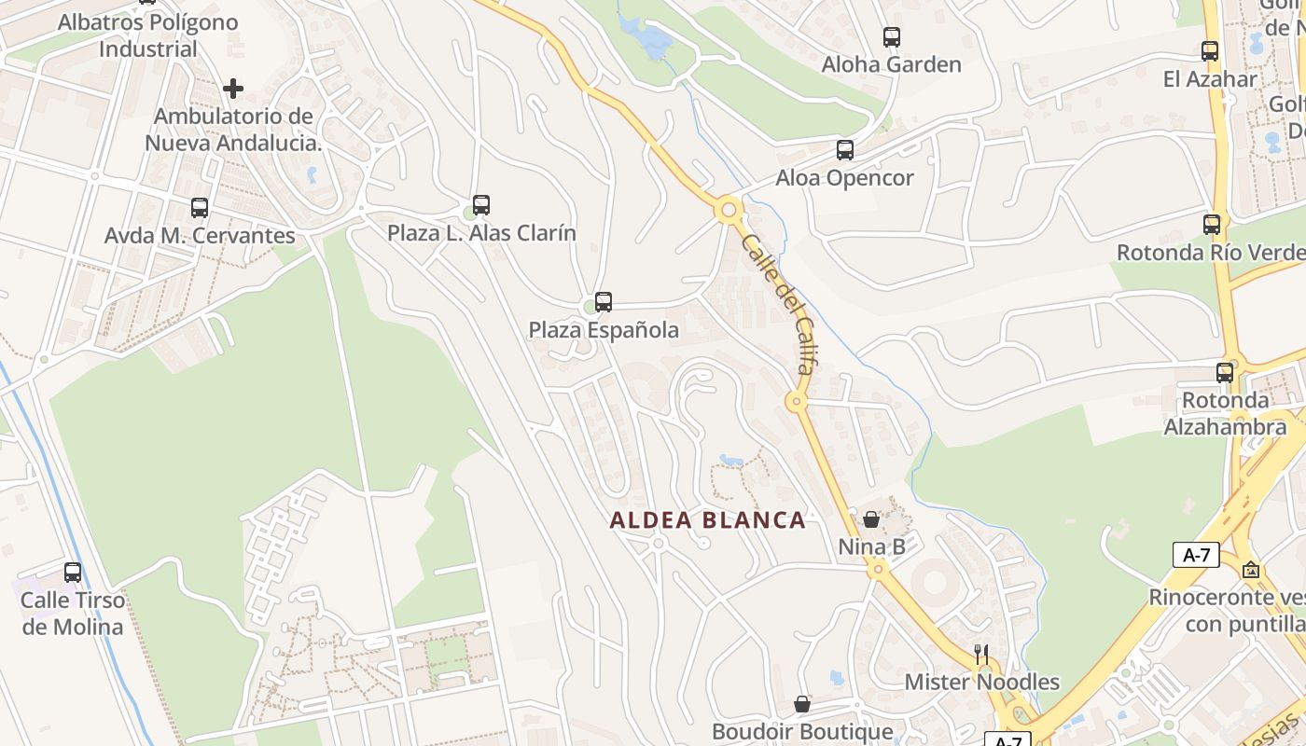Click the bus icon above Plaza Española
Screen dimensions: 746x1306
(604, 302)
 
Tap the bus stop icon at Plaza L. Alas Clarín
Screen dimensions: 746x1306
(481, 205)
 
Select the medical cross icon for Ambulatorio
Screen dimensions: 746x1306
(233, 89)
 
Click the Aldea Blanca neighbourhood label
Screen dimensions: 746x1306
(707, 520)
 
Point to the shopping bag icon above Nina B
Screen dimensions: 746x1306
(871, 519)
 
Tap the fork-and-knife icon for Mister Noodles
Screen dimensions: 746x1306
(980, 654)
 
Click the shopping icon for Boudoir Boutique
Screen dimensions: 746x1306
(802, 704)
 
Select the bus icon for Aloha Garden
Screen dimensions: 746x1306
(892, 37)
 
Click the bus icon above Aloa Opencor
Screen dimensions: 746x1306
(845, 150)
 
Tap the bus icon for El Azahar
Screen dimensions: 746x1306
(1210, 51)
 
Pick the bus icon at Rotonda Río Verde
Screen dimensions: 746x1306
(1212, 225)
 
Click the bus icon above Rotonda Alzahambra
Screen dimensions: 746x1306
(1225, 373)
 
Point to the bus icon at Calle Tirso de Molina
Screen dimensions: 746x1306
(73, 573)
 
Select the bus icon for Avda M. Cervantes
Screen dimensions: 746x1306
(200, 208)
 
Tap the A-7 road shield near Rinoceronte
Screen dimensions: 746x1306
(1196, 555)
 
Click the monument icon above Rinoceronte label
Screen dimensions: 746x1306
(1251, 569)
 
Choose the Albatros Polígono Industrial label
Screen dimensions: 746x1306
(148, 35)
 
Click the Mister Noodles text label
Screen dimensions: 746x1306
(982, 683)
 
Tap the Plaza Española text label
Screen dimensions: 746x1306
(604, 330)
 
